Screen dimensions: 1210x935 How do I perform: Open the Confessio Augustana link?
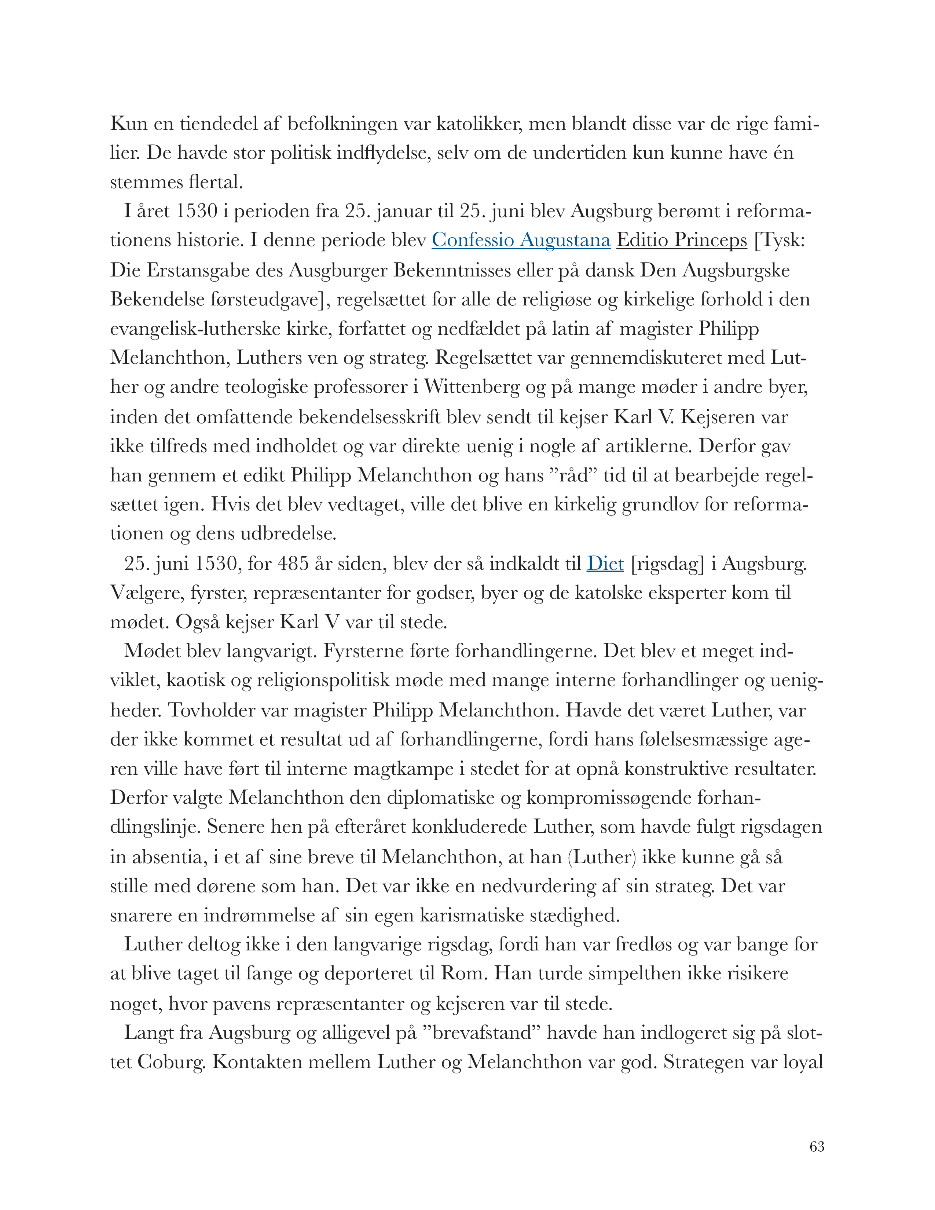click(x=521, y=241)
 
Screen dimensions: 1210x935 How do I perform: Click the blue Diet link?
click(x=605, y=564)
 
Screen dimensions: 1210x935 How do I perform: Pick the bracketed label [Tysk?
click(x=780, y=241)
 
